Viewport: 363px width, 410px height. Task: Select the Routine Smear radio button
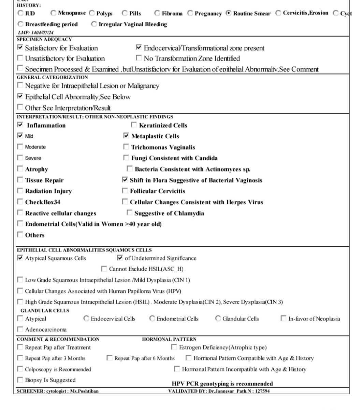coord(229,13)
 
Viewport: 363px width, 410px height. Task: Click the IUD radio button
coord(20,13)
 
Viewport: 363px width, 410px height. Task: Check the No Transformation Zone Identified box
coord(139,58)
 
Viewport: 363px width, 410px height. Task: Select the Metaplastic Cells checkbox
coord(126,136)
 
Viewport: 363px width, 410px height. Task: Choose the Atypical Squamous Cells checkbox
coord(20,258)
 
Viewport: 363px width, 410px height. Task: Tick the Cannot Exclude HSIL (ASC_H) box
coord(104,269)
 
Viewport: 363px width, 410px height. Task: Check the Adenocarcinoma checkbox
coord(20,330)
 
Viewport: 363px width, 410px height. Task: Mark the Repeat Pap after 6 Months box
coord(110,358)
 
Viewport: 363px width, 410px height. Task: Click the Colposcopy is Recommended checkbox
coord(20,369)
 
